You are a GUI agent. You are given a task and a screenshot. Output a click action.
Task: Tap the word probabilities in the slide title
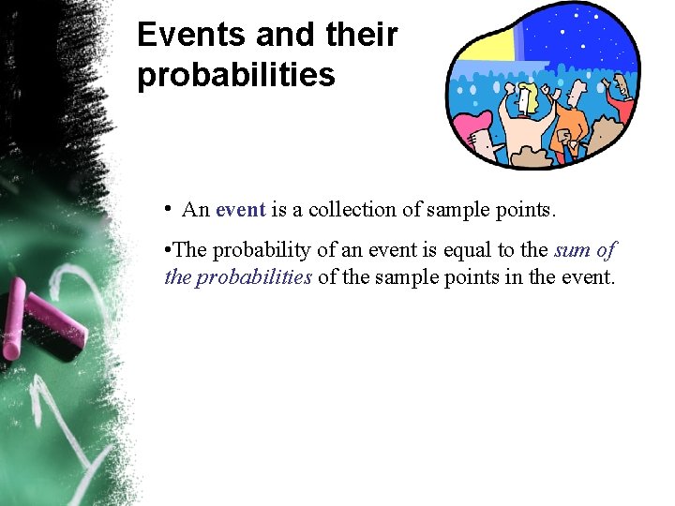[235, 76]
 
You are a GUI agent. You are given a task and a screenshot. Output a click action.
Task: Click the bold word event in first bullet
[241, 210]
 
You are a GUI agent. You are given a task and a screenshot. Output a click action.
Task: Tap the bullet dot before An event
[166, 208]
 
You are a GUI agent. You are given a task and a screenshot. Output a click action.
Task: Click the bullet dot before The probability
[166, 250]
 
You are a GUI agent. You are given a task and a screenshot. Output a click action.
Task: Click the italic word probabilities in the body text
[252, 276]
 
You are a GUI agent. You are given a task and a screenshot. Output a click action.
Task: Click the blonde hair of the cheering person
[530, 94]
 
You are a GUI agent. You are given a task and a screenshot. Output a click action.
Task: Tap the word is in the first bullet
[278, 210]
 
